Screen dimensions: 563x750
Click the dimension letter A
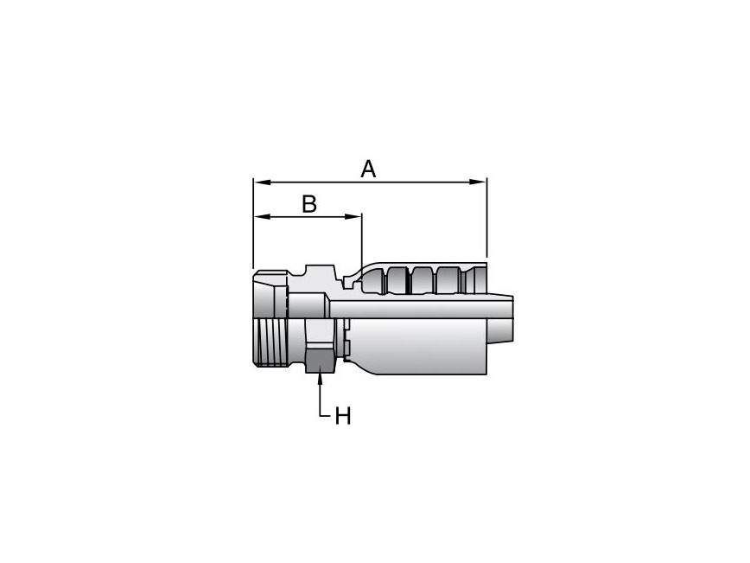coord(368,169)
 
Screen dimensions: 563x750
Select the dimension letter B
coord(308,204)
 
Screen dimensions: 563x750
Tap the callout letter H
coord(343,416)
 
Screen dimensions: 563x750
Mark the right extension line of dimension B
coord(361,242)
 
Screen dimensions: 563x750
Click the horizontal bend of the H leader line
coord(327,417)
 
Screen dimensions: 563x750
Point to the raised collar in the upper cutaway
coord(315,276)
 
